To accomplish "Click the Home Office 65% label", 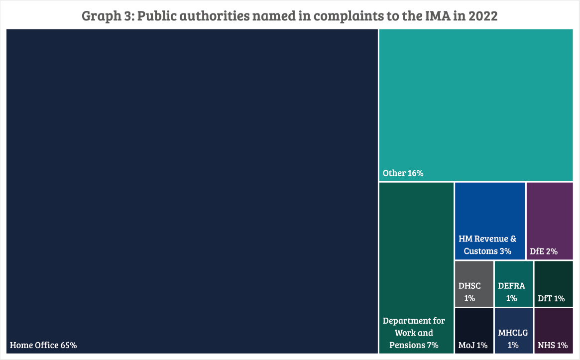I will coord(43,345).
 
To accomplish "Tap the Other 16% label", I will coord(403,173).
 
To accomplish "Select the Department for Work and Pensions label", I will coord(413,333).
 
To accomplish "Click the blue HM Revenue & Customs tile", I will coord(490,221).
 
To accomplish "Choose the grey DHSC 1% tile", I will coord(474,284).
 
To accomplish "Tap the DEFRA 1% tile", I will coord(513,284).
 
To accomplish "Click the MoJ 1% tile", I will coord(474,331).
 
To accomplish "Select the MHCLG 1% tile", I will coord(513,331).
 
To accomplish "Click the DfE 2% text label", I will coord(544,251).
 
